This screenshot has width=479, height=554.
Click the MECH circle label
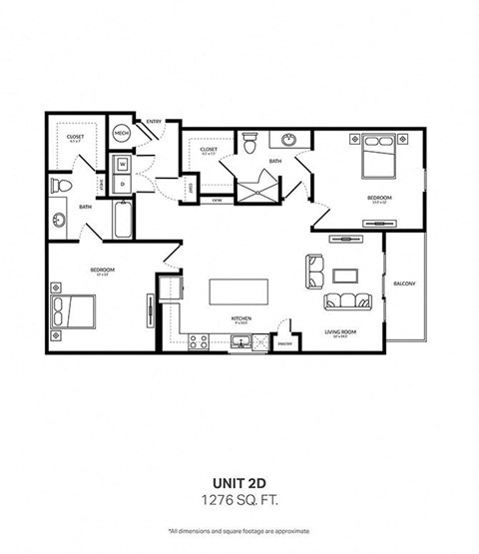coord(121,132)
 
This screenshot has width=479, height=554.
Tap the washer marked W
coord(122,164)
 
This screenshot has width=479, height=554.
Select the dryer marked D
coord(122,183)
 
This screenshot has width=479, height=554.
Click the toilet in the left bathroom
coord(62,187)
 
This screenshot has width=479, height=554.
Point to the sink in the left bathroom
coord(59,219)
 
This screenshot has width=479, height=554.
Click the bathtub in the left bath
coord(122,221)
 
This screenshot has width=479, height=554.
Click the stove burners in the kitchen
coord(197,341)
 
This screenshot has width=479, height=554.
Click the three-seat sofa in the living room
coord(346,300)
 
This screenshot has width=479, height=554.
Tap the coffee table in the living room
coord(346,274)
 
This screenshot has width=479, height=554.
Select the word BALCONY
coord(404,282)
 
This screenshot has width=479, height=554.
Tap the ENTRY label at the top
coord(154,122)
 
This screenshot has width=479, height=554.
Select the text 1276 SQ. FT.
coord(239,497)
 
